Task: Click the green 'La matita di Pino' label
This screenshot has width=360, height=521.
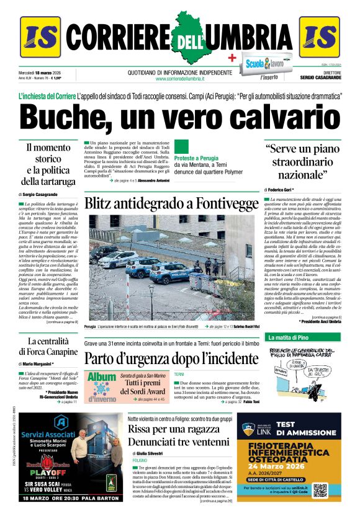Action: pyautogui.click(x=287, y=337)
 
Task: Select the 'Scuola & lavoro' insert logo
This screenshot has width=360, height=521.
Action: pyautogui.click(x=264, y=63)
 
